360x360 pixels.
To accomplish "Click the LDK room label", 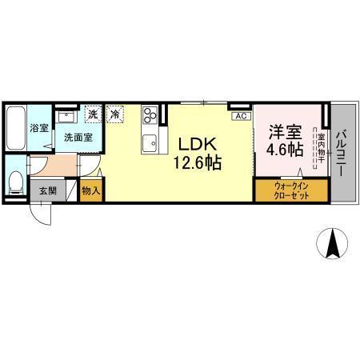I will (x=194, y=146).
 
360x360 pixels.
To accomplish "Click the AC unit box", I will (x=238, y=116).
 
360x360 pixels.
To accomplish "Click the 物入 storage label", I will (x=91, y=191).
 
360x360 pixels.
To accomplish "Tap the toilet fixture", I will (x=16, y=181).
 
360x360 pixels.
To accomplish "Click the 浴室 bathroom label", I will (x=38, y=128).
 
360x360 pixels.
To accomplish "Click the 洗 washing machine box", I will (x=94, y=114).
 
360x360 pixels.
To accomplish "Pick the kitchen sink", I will (x=150, y=145).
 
